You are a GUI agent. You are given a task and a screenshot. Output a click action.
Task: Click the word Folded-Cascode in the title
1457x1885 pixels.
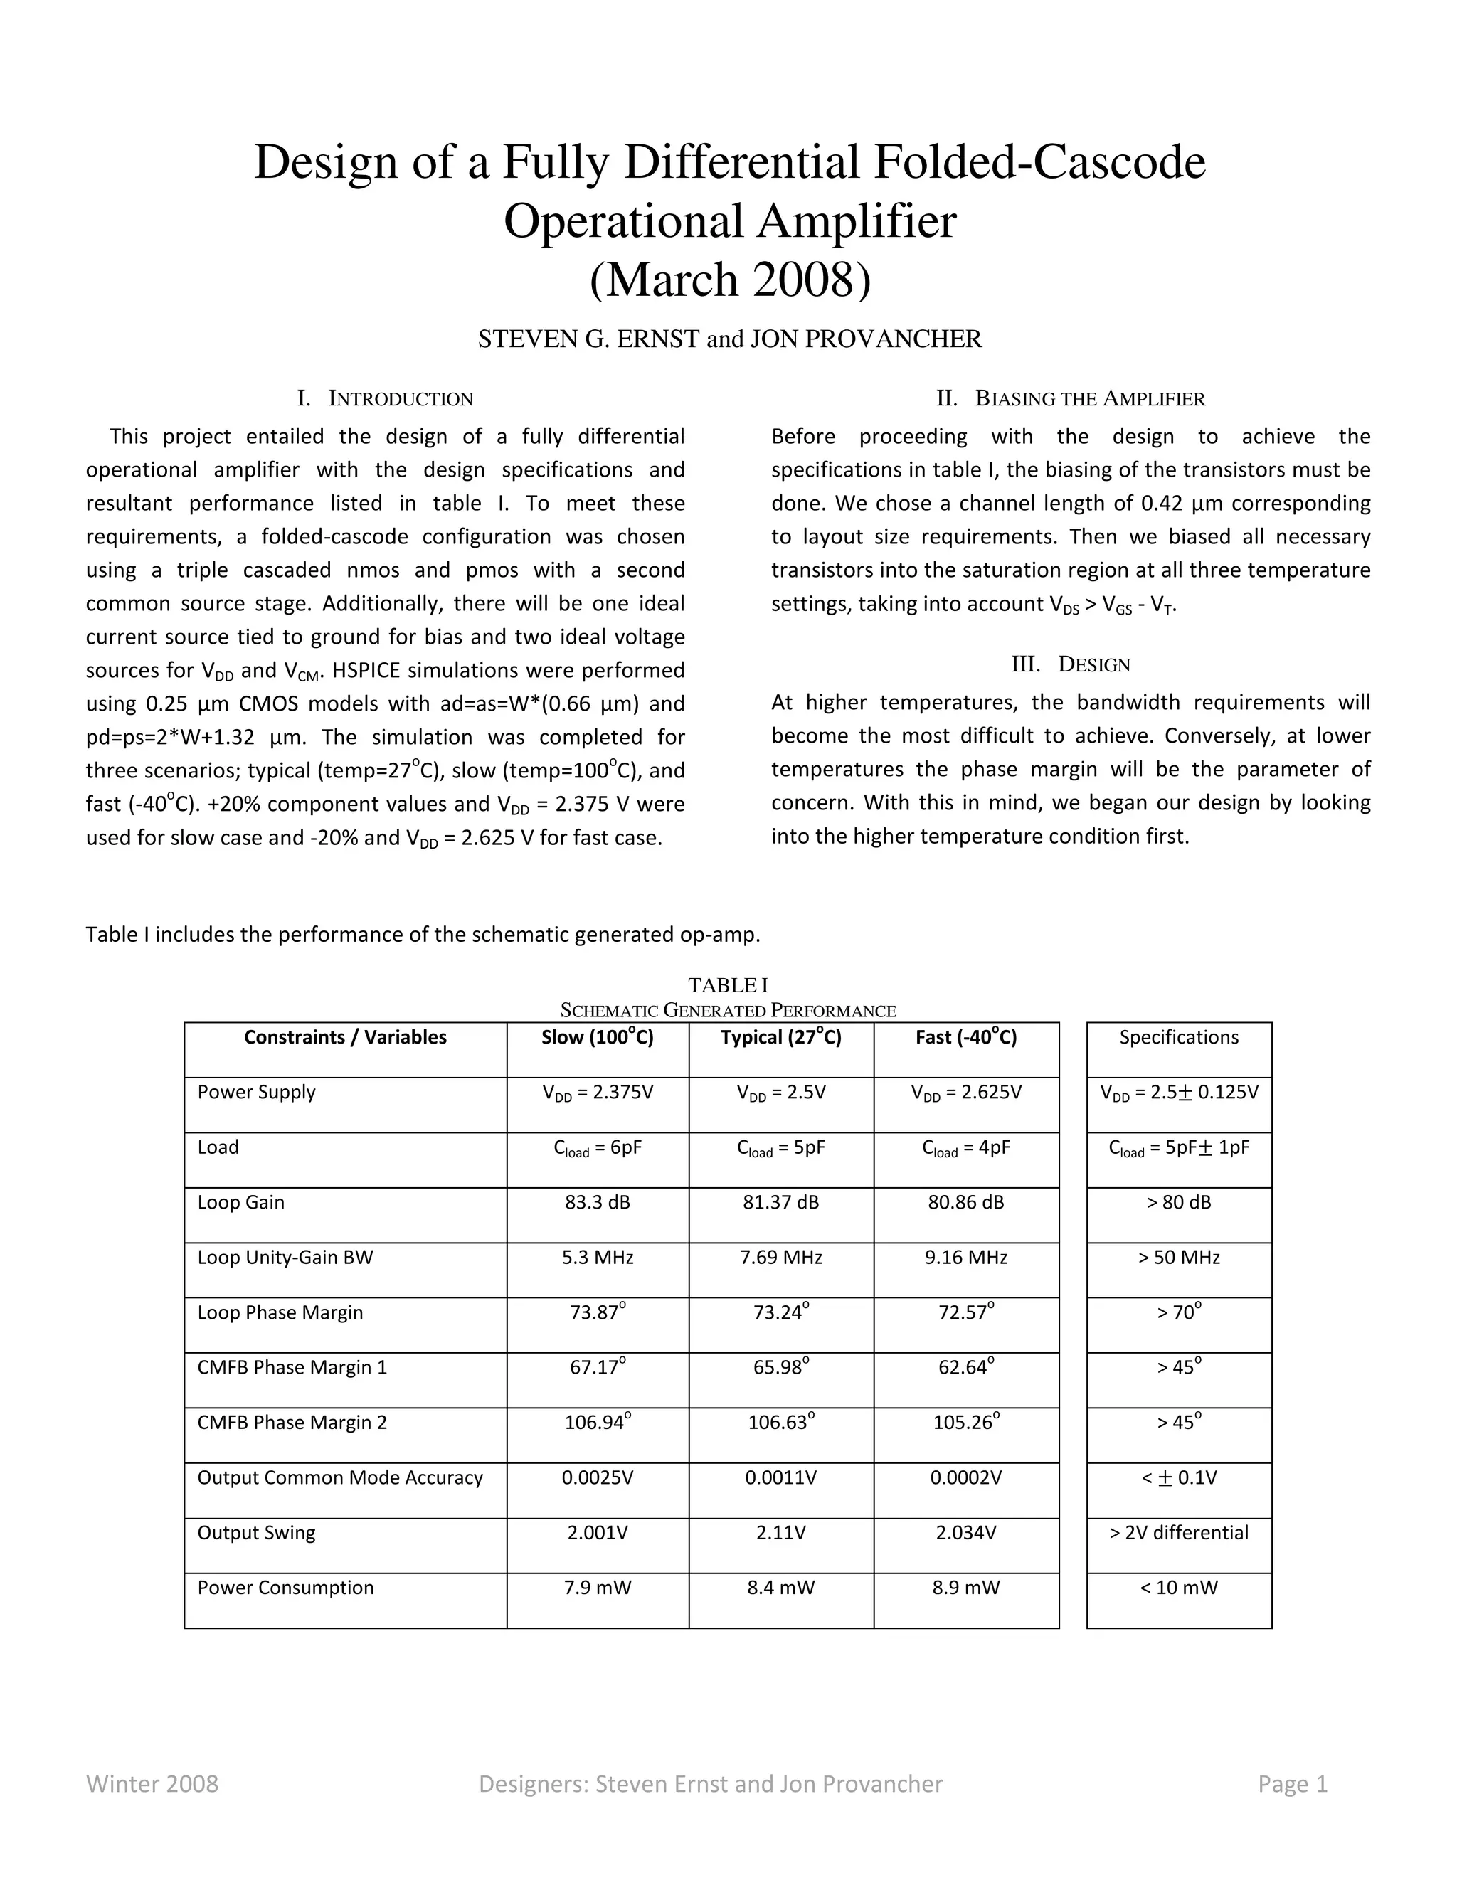1039,162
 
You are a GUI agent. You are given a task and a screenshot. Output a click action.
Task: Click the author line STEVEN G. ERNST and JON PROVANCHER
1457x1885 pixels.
729,339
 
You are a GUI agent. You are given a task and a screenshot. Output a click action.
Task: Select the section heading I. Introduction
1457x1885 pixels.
385,399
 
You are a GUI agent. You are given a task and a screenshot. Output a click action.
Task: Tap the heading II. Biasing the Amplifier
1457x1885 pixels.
1070,399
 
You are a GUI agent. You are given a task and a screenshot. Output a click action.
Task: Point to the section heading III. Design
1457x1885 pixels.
1070,664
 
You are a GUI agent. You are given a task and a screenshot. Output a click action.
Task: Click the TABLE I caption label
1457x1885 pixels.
728,984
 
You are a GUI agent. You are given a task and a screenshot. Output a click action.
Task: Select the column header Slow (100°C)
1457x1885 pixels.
598,1037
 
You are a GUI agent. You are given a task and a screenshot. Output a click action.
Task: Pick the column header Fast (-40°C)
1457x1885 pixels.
966,1037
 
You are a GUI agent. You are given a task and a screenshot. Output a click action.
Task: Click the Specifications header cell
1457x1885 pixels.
1178,1037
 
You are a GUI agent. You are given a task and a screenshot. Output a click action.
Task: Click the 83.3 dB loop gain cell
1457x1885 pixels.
598,1202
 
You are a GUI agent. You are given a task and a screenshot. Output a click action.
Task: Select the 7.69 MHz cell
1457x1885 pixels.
780,1258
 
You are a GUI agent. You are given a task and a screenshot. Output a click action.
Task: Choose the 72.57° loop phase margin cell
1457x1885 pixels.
966,1313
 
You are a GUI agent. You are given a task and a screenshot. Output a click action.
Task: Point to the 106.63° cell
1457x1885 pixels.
780,1423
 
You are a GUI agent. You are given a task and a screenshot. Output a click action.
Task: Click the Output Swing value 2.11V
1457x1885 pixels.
780,1533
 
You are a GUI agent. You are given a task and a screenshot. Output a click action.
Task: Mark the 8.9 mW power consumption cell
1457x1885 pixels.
966,1588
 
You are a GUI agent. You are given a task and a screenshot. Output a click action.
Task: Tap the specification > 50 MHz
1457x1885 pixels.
1178,1258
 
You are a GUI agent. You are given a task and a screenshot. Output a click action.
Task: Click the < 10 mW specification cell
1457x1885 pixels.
1178,1588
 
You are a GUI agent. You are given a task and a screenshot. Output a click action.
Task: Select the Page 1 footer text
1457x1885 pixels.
1292,1784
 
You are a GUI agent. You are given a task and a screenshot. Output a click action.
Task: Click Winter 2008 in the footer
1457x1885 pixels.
152,1784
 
